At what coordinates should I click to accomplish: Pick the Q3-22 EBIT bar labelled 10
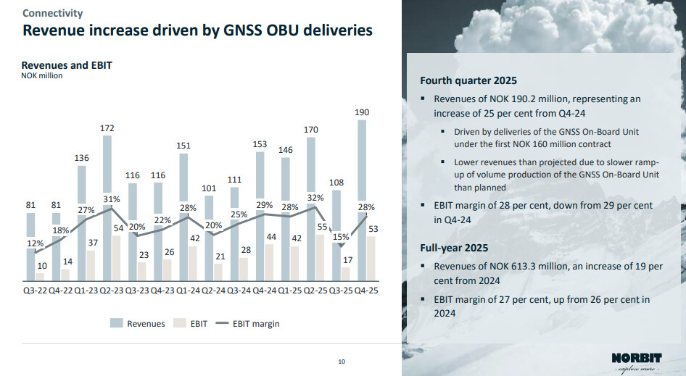(x=40, y=276)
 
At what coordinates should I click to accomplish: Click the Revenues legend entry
(x=138, y=324)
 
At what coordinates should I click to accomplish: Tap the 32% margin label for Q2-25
(x=315, y=197)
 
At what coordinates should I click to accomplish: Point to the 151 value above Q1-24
(x=184, y=146)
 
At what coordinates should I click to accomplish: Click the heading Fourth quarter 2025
(x=468, y=80)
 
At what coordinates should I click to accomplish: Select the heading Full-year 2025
(x=453, y=248)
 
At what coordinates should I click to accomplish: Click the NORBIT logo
(x=637, y=358)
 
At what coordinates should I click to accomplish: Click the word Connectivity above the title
(x=52, y=13)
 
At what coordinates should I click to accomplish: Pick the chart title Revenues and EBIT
(x=67, y=65)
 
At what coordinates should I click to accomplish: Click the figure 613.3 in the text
(x=511, y=266)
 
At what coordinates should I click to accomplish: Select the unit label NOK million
(x=42, y=76)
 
